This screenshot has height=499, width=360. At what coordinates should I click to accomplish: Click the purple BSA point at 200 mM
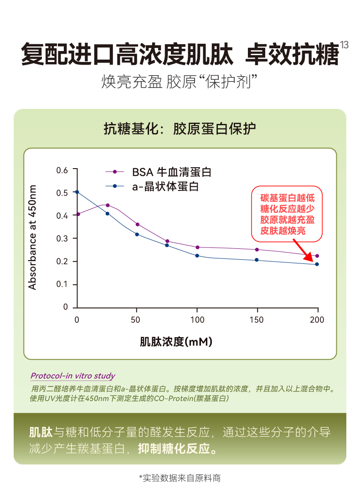(x=317, y=256)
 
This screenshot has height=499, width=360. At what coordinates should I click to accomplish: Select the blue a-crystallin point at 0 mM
(x=77, y=192)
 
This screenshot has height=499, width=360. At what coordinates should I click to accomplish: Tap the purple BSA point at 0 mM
(x=78, y=214)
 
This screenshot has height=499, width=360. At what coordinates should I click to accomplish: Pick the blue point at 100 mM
(x=197, y=256)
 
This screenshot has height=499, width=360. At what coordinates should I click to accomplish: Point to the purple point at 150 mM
(x=257, y=250)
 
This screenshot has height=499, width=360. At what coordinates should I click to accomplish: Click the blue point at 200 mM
(x=317, y=264)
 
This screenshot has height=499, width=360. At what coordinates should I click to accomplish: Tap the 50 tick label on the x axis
(x=135, y=320)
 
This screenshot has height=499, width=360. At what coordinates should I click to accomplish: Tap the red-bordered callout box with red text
(x=287, y=215)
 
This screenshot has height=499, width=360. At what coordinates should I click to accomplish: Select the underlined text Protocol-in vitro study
(x=72, y=376)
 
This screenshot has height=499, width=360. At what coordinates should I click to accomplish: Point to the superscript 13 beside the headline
(x=344, y=45)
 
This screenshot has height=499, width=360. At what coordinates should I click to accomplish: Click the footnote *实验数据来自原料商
(x=180, y=478)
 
